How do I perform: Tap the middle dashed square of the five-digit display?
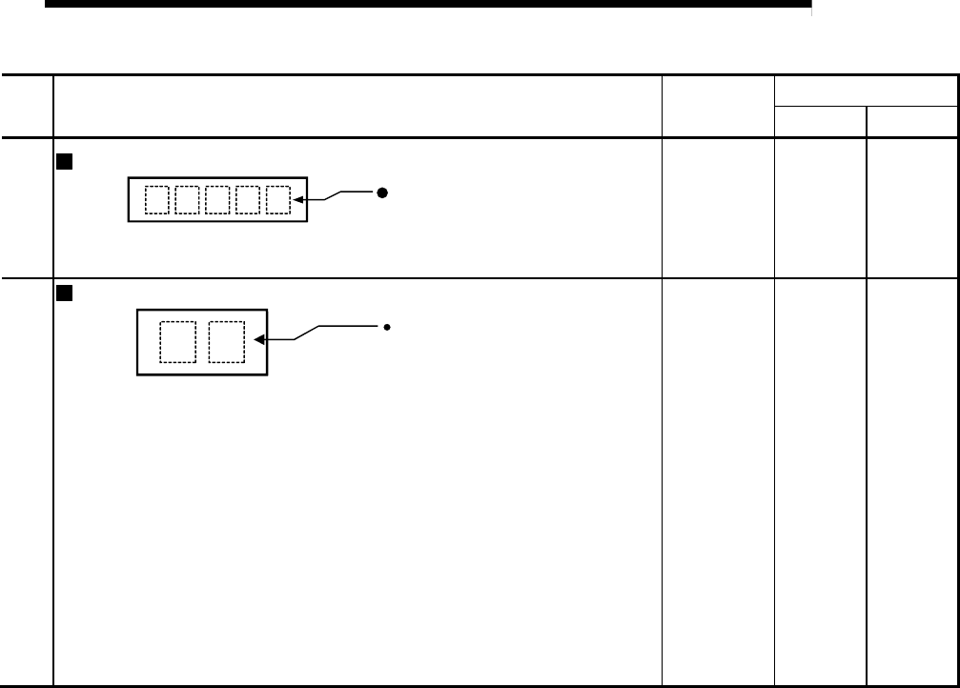pyautogui.click(x=217, y=199)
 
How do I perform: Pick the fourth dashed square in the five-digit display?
pyautogui.click(x=248, y=199)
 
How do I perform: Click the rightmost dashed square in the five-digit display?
pyautogui.click(x=276, y=199)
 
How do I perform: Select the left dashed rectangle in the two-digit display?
pyautogui.click(x=176, y=342)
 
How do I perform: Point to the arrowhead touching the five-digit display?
pyautogui.click(x=301, y=200)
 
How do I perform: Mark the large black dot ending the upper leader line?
pyautogui.click(x=380, y=192)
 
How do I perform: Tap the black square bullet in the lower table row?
pyautogui.click(x=65, y=293)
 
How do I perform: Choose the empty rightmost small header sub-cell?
pyautogui.click(x=910, y=122)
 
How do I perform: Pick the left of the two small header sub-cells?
pyautogui.click(x=821, y=122)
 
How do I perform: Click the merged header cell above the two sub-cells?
pyautogui.click(x=866, y=91)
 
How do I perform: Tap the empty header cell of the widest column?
pyautogui.click(x=357, y=106)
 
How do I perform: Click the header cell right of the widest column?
pyautogui.click(x=719, y=106)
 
